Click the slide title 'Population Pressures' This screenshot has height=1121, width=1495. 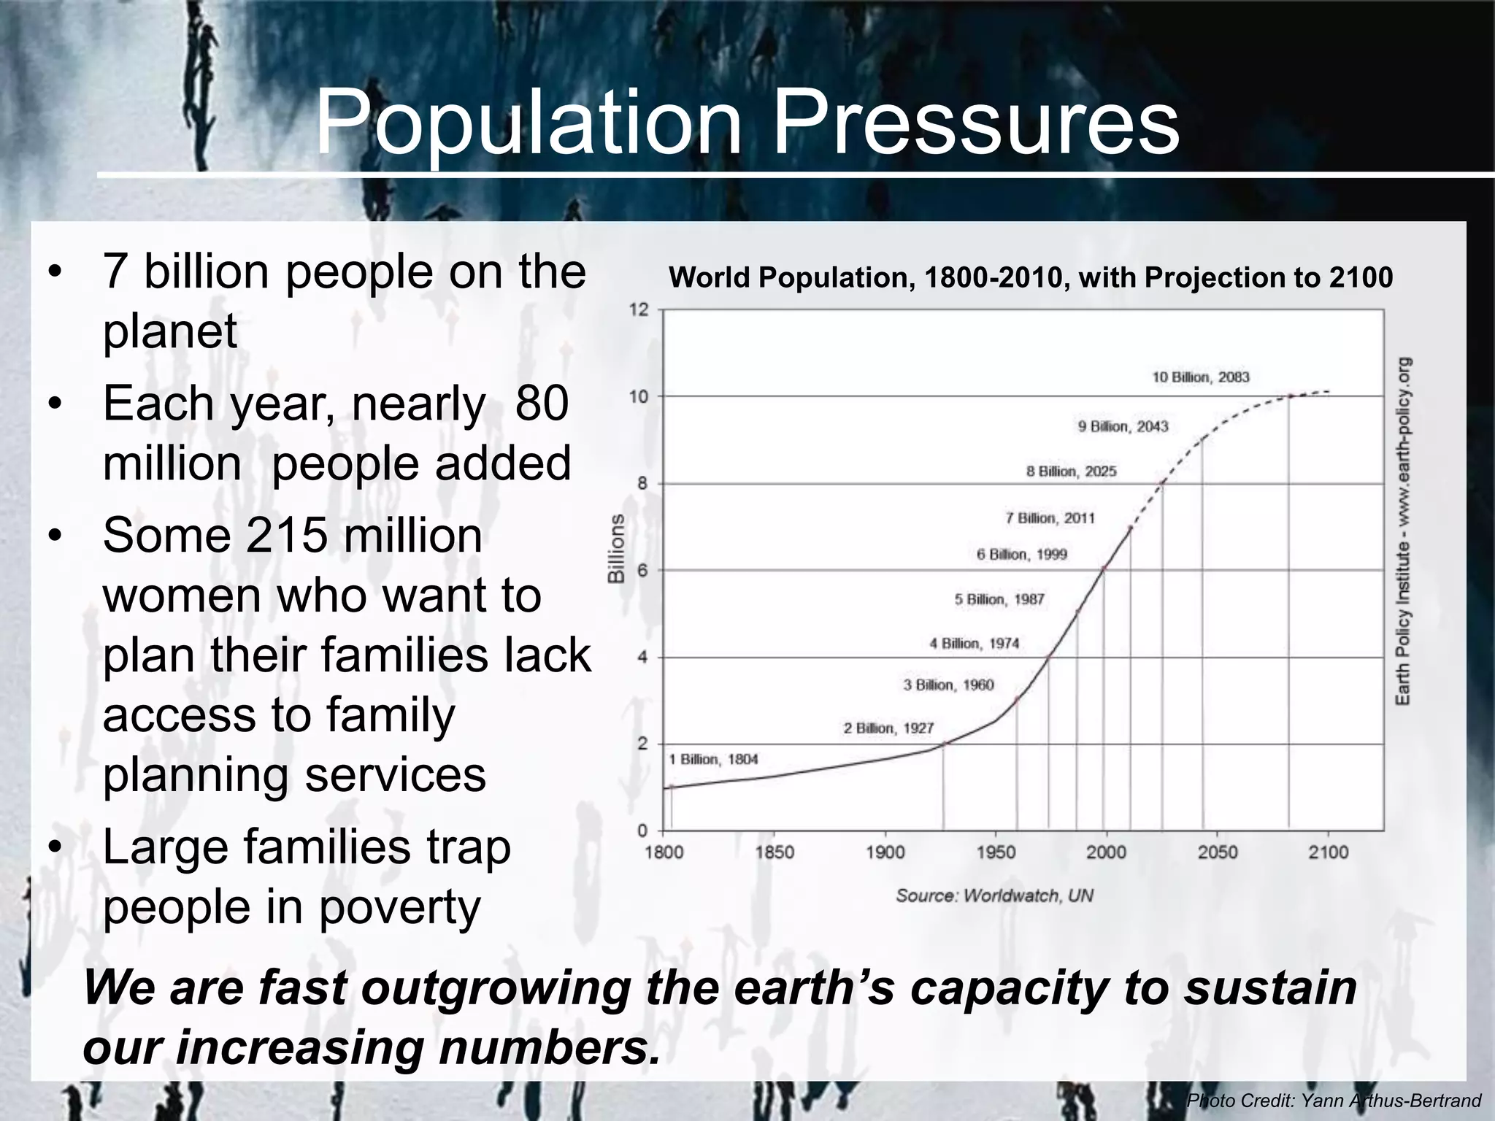click(x=747, y=123)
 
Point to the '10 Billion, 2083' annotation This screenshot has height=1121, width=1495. click(x=1201, y=377)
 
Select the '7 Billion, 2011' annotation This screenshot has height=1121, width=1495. click(x=1050, y=518)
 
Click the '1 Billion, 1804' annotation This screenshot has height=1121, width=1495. click(x=713, y=760)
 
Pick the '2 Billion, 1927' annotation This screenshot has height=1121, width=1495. click(x=888, y=728)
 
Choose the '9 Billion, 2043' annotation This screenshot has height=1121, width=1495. click(x=1123, y=426)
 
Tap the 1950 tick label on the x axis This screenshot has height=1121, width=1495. click(x=996, y=852)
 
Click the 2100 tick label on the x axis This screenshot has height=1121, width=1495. click(x=1328, y=852)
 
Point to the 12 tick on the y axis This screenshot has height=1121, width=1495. click(x=638, y=310)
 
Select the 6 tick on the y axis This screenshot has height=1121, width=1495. click(x=642, y=571)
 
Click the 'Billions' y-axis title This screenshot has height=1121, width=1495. click(x=617, y=548)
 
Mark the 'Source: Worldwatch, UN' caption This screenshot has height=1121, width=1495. click(x=994, y=895)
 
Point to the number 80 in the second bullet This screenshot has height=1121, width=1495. click(x=541, y=404)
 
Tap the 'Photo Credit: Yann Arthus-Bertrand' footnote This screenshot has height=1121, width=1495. click(x=1333, y=1101)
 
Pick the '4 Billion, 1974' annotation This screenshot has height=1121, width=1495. click(x=974, y=644)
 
